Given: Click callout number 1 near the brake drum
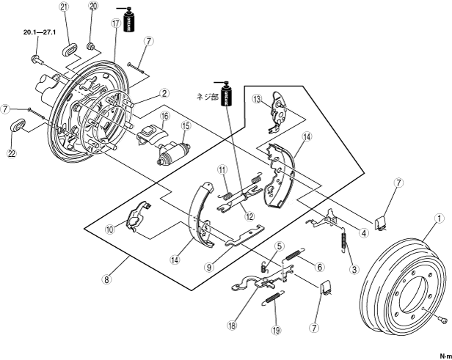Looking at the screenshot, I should pos(439,218).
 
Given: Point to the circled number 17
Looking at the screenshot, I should pos(115,23).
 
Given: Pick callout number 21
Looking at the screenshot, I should pos(65,8).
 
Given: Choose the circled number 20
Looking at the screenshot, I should pos(93,6).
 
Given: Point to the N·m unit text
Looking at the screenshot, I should pos(443,354).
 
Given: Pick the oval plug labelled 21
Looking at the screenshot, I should pos(68,50).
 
